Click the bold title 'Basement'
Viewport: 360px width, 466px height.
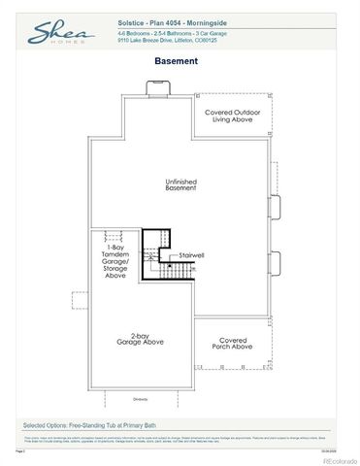(x=176, y=60)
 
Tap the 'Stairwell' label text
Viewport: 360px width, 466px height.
(x=191, y=254)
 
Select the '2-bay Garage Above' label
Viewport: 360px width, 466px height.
(x=142, y=339)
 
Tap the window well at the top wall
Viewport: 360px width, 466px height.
(x=156, y=89)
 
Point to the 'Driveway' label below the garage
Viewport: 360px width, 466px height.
(x=142, y=399)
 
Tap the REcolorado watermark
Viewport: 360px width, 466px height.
(x=322, y=454)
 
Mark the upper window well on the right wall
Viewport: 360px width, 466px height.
(x=276, y=205)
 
